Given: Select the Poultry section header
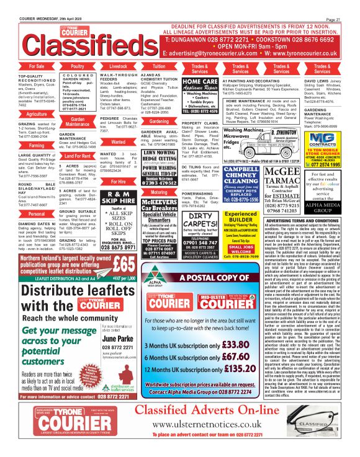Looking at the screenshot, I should click(78, 65).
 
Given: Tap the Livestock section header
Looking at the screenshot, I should click(118, 65).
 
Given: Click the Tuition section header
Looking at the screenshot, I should click(159, 65).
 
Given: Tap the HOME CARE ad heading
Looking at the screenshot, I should click(200, 82).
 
